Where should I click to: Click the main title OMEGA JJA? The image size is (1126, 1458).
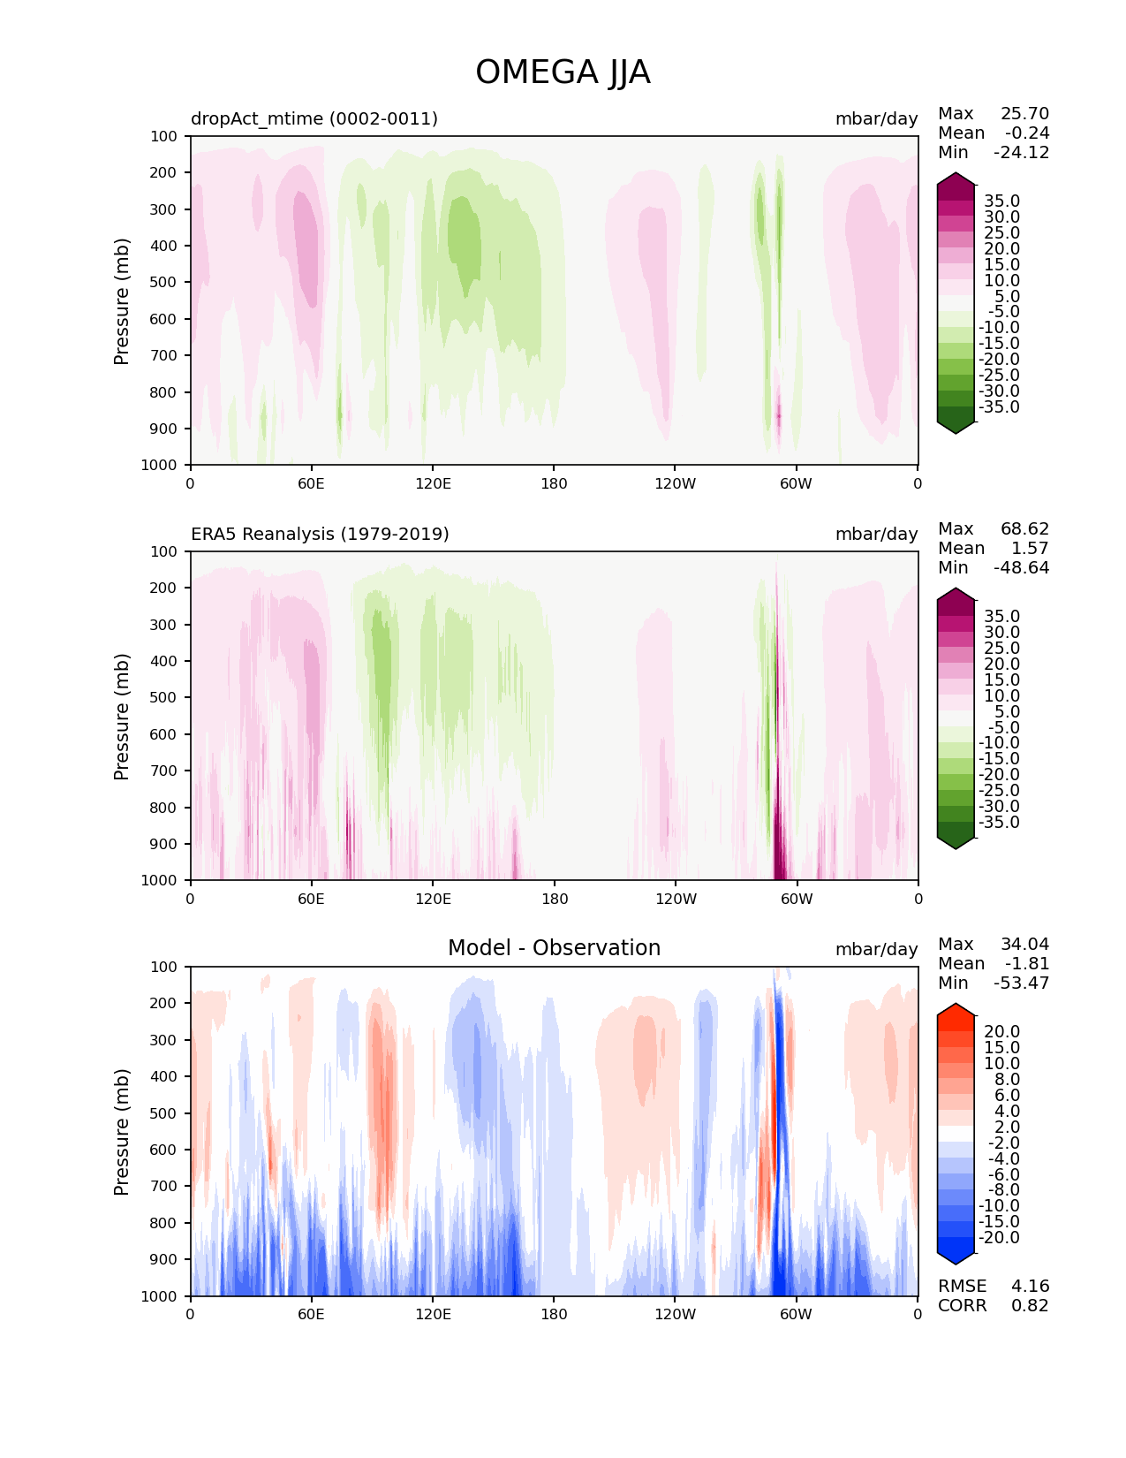pyautogui.click(x=563, y=72)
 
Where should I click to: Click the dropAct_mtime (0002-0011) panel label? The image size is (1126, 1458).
pyautogui.click(x=314, y=118)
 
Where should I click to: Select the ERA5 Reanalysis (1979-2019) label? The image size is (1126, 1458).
pyautogui.click(x=320, y=534)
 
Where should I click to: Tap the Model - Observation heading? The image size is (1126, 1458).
pyautogui.click(x=554, y=947)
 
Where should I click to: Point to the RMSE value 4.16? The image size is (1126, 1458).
pyautogui.click(x=1030, y=1286)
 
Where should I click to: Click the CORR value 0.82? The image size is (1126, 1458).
pyautogui.click(x=1030, y=1305)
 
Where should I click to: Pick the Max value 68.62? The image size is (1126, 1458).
pyautogui.click(x=1024, y=528)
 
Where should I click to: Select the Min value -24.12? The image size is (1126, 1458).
pyautogui.click(x=1022, y=152)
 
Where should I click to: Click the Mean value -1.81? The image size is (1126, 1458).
pyautogui.click(x=1027, y=963)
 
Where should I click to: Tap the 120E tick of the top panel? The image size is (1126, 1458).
pyautogui.click(x=433, y=483)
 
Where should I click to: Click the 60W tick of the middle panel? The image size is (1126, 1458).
pyautogui.click(x=797, y=899)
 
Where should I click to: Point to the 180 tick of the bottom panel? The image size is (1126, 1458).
pyautogui.click(x=554, y=1315)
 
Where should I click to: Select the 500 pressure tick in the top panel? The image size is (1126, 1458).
pyautogui.click(x=163, y=282)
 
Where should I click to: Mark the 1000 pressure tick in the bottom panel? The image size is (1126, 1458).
pyautogui.click(x=159, y=1296)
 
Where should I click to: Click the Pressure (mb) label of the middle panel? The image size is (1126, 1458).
pyautogui.click(x=121, y=716)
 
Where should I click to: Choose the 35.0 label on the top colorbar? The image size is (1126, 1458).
pyautogui.click(x=1002, y=201)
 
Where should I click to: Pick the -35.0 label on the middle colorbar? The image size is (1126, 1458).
pyautogui.click(x=999, y=823)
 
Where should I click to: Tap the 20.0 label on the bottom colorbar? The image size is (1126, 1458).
pyautogui.click(x=1002, y=1031)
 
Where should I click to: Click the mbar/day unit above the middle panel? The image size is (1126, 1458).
pyautogui.click(x=877, y=534)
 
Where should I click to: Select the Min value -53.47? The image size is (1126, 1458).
pyautogui.click(x=1022, y=983)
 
